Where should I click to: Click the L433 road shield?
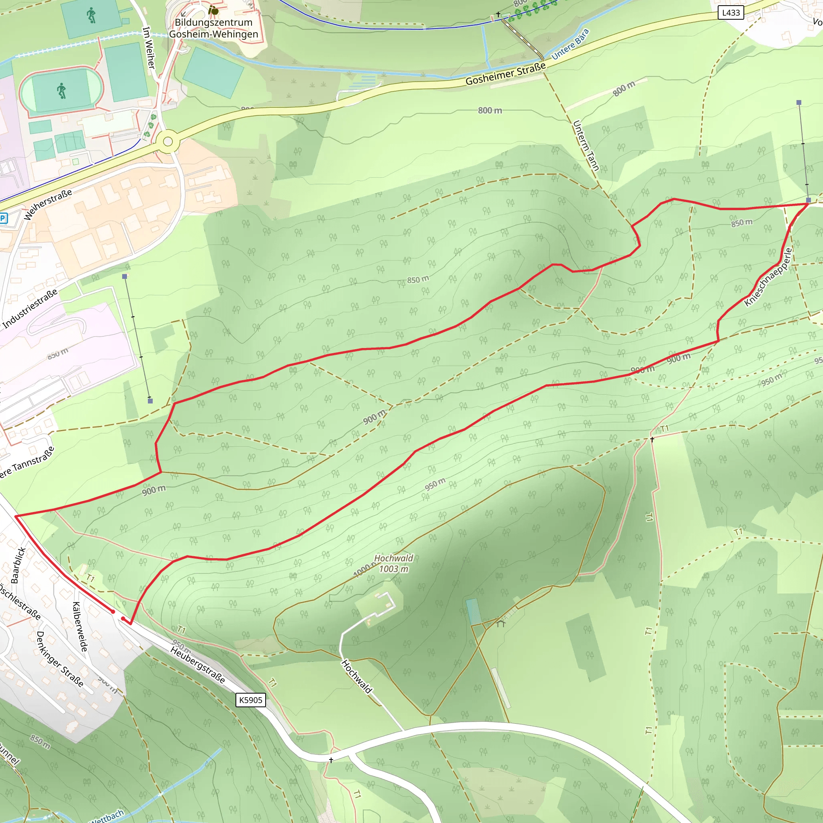coord(731,13)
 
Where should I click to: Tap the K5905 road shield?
coord(250,700)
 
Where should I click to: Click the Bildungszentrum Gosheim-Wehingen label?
coord(213,28)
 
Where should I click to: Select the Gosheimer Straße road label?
coord(506,74)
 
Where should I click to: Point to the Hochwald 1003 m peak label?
coord(393,563)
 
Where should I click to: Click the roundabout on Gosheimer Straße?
coord(168,141)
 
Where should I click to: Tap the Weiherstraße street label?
coord(48,205)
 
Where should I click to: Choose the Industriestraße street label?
coord(30,309)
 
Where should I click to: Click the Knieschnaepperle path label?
coord(768,277)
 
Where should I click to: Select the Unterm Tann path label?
coord(586,146)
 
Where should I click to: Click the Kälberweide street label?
coord(80,626)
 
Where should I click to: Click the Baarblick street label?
coord(18,565)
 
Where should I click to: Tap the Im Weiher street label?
coord(149,48)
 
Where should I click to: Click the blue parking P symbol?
coord(2,219)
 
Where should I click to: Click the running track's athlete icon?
coord(62,91)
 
